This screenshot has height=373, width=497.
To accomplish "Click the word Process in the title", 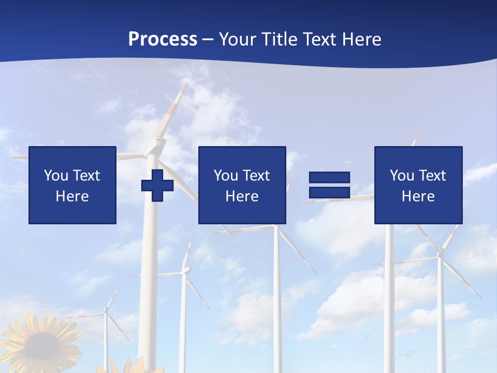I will pyautogui.click(x=163, y=39).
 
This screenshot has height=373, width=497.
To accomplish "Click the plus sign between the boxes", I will pyautogui.click(x=157, y=185).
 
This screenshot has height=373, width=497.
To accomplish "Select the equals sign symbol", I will pyautogui.click(x=329, y=185).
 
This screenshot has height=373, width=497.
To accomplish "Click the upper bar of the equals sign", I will pyautogui.click(x=329, y=177).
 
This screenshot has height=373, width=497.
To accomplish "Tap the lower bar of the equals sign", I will pyautogui.click(x=329, y=192).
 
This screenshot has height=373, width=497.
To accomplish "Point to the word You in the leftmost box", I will pyautogui.click(x=55, y=176).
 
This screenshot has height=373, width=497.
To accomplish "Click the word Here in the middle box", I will pyautogui.click(x=242, y=196).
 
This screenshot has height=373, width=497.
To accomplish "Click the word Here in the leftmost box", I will pyautogui.click(x=72, y=196).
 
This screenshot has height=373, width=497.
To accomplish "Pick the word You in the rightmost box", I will pyautogui.click(x=402, y=176).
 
